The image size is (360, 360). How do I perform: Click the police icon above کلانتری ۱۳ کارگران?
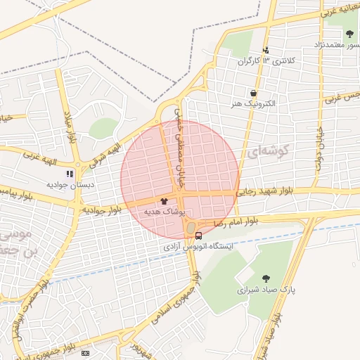(266, 50)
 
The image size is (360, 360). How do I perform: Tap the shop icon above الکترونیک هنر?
(253, 92)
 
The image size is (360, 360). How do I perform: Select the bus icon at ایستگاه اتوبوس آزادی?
(199, 235)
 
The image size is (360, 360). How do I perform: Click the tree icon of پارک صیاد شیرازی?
(266, 278)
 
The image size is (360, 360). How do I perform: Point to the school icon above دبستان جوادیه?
(70, 173)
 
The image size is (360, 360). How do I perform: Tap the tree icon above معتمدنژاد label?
(350, 34)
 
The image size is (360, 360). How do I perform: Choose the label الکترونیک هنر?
(253, 103)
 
